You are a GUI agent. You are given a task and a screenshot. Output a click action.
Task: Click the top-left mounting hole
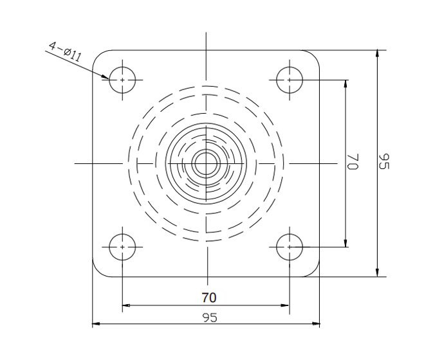coord(122,80)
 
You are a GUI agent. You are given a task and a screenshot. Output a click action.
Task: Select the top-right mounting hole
coord(290,80)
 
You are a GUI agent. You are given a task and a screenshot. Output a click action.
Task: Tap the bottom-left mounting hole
coord(122,246)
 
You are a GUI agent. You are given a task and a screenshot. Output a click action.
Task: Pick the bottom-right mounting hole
coord(290,246)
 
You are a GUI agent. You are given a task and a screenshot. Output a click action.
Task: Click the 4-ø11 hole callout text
coord(64,51)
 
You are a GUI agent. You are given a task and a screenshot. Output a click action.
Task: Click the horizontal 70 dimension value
coord(208,297)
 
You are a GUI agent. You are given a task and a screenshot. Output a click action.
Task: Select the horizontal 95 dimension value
coord(208,317)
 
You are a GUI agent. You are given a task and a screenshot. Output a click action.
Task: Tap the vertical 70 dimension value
coord(352,161)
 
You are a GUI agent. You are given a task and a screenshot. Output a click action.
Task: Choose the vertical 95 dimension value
coord(384,161)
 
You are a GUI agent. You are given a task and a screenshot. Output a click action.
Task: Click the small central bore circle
coord(206,163)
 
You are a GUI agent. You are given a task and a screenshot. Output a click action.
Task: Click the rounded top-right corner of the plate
coord(315,55)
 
